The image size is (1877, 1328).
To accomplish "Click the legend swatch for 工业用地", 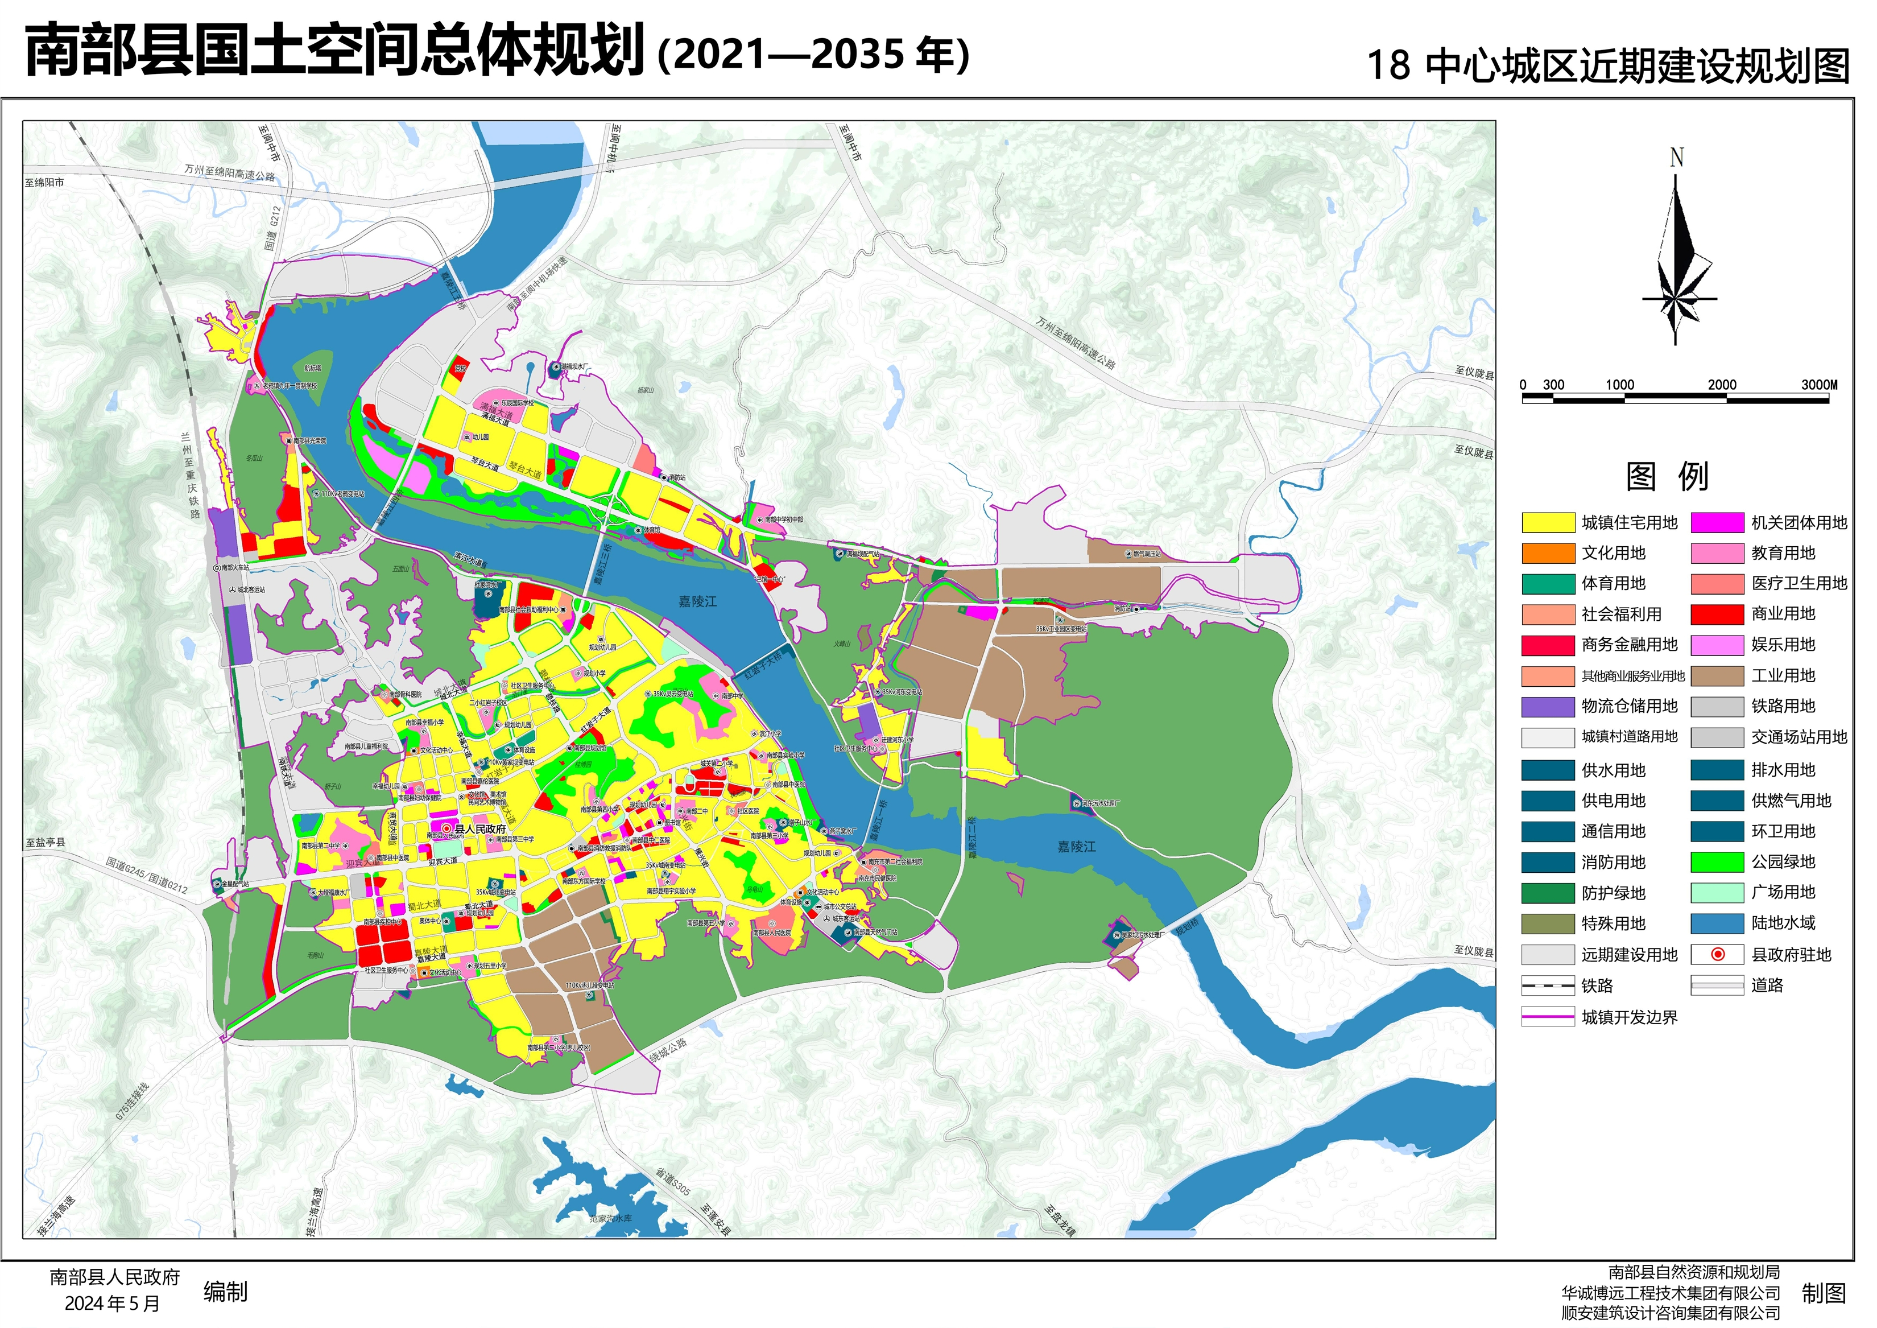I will [1717, 675].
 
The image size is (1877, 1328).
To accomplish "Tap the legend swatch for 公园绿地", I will [1717, 862].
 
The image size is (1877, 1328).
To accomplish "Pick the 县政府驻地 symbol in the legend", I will [1717, 954].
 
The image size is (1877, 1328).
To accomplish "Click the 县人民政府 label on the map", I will [480, 828].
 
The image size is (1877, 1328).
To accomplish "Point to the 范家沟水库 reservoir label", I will [611, 1218].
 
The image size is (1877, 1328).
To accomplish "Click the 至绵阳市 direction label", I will [44, 182].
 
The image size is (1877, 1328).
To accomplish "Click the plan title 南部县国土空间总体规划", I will [335, 51].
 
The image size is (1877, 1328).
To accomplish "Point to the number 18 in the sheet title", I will [1388, 65].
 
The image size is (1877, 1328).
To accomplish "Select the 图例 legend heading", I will [1667, 476].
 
